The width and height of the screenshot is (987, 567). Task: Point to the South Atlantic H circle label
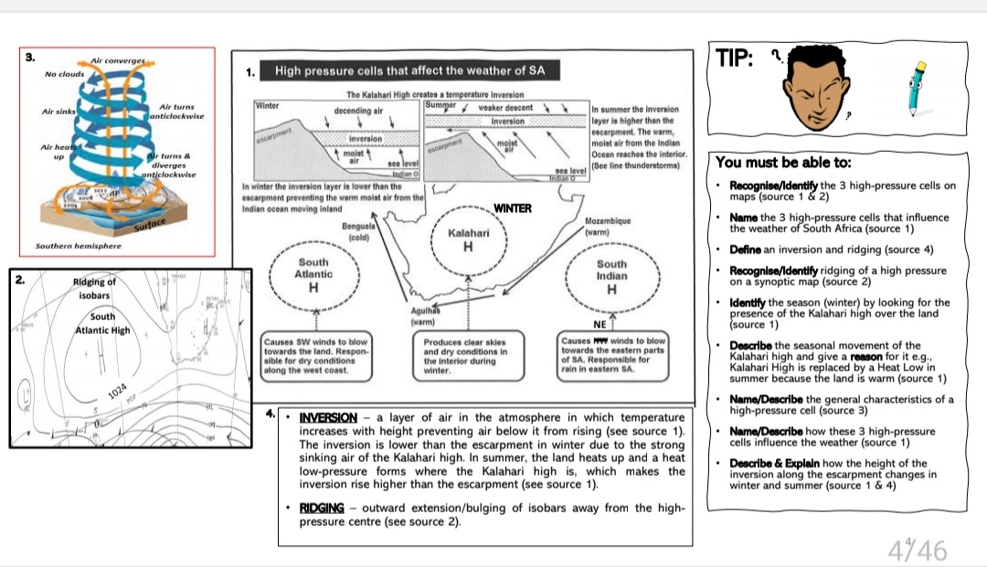point(313,274)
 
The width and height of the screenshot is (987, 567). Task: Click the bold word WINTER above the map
point(512,209)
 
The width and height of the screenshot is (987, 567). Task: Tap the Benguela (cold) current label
point(358,230)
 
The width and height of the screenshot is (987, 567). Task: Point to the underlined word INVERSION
point(328,418)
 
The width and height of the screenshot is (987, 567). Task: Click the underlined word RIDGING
point(322,508)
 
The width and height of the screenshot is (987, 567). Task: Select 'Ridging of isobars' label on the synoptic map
point(94,289)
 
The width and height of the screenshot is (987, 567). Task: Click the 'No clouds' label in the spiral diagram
point(64,74)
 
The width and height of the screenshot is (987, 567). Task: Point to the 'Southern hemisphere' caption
point(78,246)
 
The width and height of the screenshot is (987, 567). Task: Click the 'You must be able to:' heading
point(783,163)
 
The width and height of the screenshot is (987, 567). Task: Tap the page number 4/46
point(917,550)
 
